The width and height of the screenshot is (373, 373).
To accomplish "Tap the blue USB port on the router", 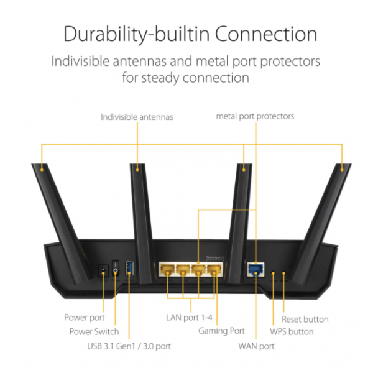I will click(x=129, y=268).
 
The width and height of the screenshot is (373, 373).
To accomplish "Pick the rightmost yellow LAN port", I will click(x=214, y=270).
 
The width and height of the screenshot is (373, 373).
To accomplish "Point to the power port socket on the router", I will click(x=103, y=270).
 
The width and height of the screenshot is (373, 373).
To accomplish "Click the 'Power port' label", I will click(x=85, y=318).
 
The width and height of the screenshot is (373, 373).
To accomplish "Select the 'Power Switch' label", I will click(x=94, y=331).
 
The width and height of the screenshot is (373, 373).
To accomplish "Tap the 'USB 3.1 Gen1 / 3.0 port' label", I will click(x=129, y=346).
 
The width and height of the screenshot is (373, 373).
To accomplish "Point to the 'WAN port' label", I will click(x=256, y=346).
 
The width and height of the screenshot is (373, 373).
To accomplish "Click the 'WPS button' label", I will click(x=292, y=331).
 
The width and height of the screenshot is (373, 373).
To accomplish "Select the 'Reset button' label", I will click(x=305, y=319).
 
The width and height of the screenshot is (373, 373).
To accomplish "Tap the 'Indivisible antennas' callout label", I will click(x=137, y=116).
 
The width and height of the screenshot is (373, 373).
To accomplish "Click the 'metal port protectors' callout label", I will click(x=255, y=116).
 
